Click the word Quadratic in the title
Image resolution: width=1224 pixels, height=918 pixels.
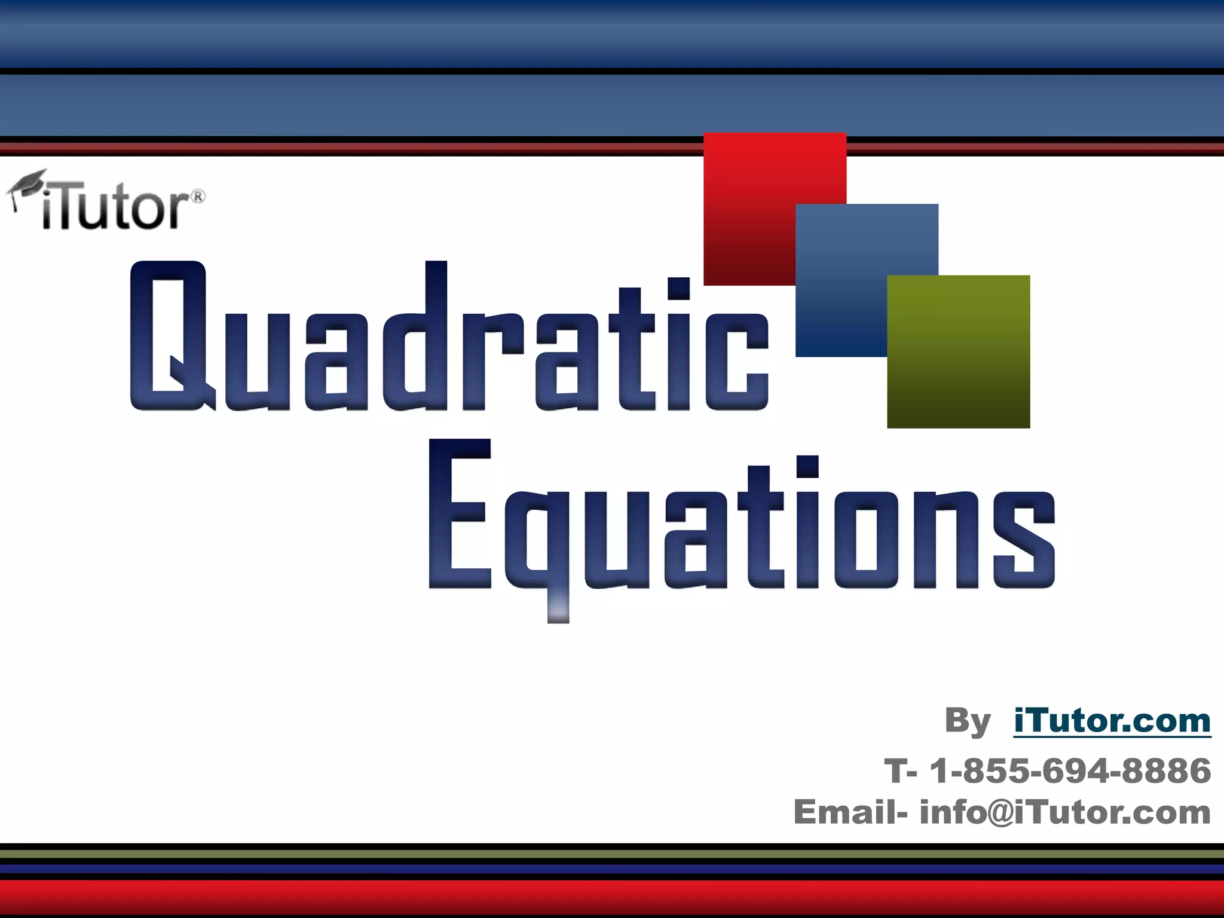[448, 338]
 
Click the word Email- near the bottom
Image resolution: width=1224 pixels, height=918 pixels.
[850, 812]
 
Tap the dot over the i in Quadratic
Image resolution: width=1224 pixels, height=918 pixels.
[679, 289]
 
